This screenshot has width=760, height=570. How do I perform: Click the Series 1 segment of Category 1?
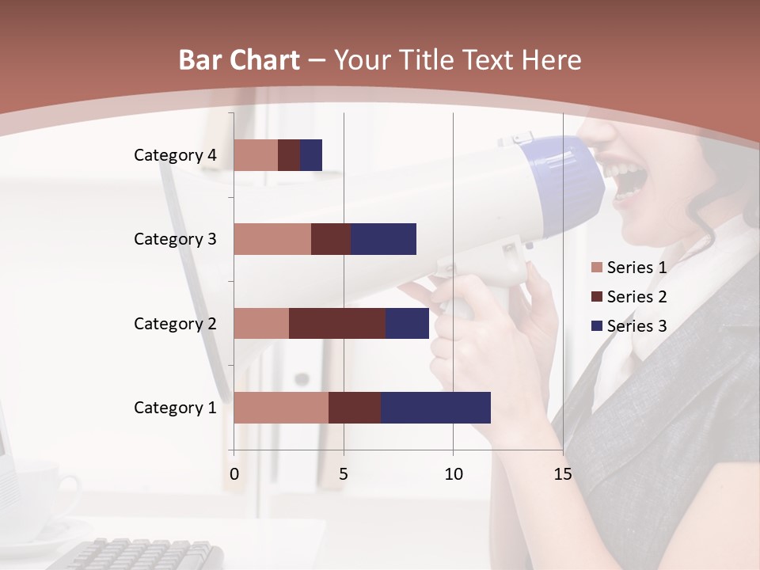pyautogui.click(x=281, y=408)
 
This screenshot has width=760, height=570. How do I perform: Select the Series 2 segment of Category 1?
pyautogui.click(x=355, y=408)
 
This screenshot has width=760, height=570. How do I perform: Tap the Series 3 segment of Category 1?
pyautogui.click(x=435, y=408)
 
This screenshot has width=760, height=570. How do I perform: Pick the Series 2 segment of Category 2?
pyautogui.click(x=337, y=323)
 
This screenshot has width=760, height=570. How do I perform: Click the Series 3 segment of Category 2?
pyautogui.click(x=407, y=323)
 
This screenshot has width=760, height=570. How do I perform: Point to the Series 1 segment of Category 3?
pyautogui.click(x=272, y=239)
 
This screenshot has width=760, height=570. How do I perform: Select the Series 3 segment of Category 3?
pyautogui.click(x=384, y=239)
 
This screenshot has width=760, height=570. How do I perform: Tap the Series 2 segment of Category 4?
pyautogui.click(x=289, y=155)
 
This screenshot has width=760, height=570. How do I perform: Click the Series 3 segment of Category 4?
pyautogui.click(x=311, y=155)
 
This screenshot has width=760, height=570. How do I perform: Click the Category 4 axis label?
pyautogui.click(x=175, y=155)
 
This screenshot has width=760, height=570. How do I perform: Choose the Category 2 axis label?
pyautogui.click(x=175, y=323)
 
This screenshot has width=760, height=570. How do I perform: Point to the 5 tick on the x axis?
pyautogui.click(x=344, y=474)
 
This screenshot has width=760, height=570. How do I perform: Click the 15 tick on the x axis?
pyautogui.click(x=563, y=474)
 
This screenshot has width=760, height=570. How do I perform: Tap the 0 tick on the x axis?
pyautogui.click(x=234, y=474)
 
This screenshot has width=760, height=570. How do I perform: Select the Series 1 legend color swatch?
pyautogui.click(x=596, y=268)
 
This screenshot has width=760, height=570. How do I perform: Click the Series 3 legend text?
pyautogui.click(x=636, y=325)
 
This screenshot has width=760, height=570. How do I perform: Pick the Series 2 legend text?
pyautogui.click(x=636, y=297)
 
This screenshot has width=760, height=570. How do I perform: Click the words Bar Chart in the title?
pyautogui.click(x=238, y=60)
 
